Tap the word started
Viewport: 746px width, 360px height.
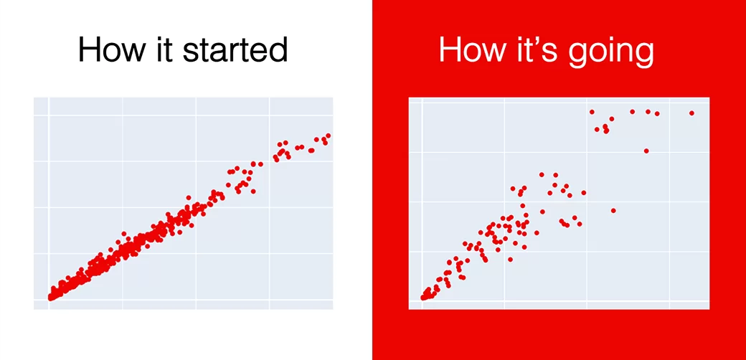coord(235,49)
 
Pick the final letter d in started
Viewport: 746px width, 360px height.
coord(279,49)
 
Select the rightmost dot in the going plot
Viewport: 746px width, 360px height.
coord(691,113)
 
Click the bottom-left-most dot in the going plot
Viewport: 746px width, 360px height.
coord(423,298)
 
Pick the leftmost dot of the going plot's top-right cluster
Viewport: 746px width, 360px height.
coord(592,112)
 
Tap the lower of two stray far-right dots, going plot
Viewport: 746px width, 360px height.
coord(613,210)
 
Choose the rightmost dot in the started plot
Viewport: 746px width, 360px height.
coord(328,136)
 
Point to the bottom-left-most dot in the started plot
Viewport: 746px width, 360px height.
coord(50,298)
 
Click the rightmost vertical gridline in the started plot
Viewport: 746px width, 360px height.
coord(270,204)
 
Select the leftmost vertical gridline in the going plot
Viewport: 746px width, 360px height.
coord(422,204)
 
